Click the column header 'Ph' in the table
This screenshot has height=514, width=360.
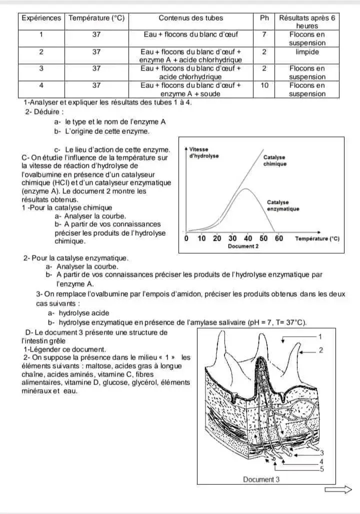264,18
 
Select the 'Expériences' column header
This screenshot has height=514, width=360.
41,18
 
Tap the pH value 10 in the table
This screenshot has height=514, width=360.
264,85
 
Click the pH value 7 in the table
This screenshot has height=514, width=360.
264,34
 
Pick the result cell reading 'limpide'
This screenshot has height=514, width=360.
307,51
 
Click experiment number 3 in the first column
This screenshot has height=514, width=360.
41,68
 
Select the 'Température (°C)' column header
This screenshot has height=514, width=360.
96,18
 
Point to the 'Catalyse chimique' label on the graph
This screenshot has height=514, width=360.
275,160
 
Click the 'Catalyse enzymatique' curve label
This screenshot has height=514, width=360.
283,205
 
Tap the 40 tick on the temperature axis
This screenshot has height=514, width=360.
248,238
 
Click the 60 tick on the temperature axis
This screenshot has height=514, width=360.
278,238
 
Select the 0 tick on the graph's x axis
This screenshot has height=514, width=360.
186,238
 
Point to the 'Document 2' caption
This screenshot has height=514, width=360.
243,246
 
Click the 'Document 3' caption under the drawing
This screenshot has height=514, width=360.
258,480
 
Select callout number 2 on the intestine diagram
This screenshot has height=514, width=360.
321,350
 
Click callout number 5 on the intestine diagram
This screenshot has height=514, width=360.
321,469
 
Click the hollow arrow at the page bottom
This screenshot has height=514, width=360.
338,490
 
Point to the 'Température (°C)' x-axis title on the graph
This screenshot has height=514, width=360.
317,239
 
